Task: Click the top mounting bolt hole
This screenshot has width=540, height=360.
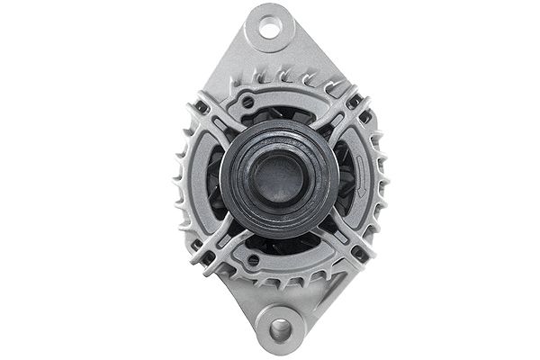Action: point(269,28)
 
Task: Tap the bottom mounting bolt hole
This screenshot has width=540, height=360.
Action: point(280,329)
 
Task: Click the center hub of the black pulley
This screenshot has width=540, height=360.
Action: point(280,175)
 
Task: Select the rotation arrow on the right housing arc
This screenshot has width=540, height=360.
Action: point(361,175)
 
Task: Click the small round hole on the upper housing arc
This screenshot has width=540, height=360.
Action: point(248,103)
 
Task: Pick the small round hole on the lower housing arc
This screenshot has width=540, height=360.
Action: point(253,260)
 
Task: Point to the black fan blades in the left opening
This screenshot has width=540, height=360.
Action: point(216,180)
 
